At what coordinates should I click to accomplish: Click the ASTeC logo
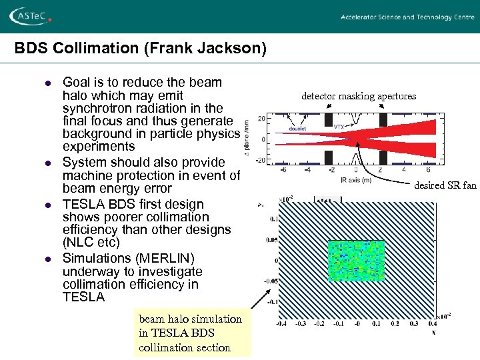pyautogui.click(x=31, y=16)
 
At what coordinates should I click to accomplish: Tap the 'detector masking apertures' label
pyautogui.click(x=358, y=96)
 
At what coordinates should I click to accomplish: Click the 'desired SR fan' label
pyautogui.click(x=445, y=185)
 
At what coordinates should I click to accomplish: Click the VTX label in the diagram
pyautogui.click(x=340, y=125)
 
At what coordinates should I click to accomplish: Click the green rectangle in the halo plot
pyautogui.click(x=356, y=261)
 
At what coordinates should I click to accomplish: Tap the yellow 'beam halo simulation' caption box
pyautogui.click(x=192, y=333)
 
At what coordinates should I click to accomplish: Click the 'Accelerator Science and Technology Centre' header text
pyautogui.click(x=407, y=17)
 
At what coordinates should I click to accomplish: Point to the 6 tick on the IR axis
pyautogui.click(x=428, y=170)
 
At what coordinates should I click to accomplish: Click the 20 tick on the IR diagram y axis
pyautogui.click(x=261, y=119)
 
